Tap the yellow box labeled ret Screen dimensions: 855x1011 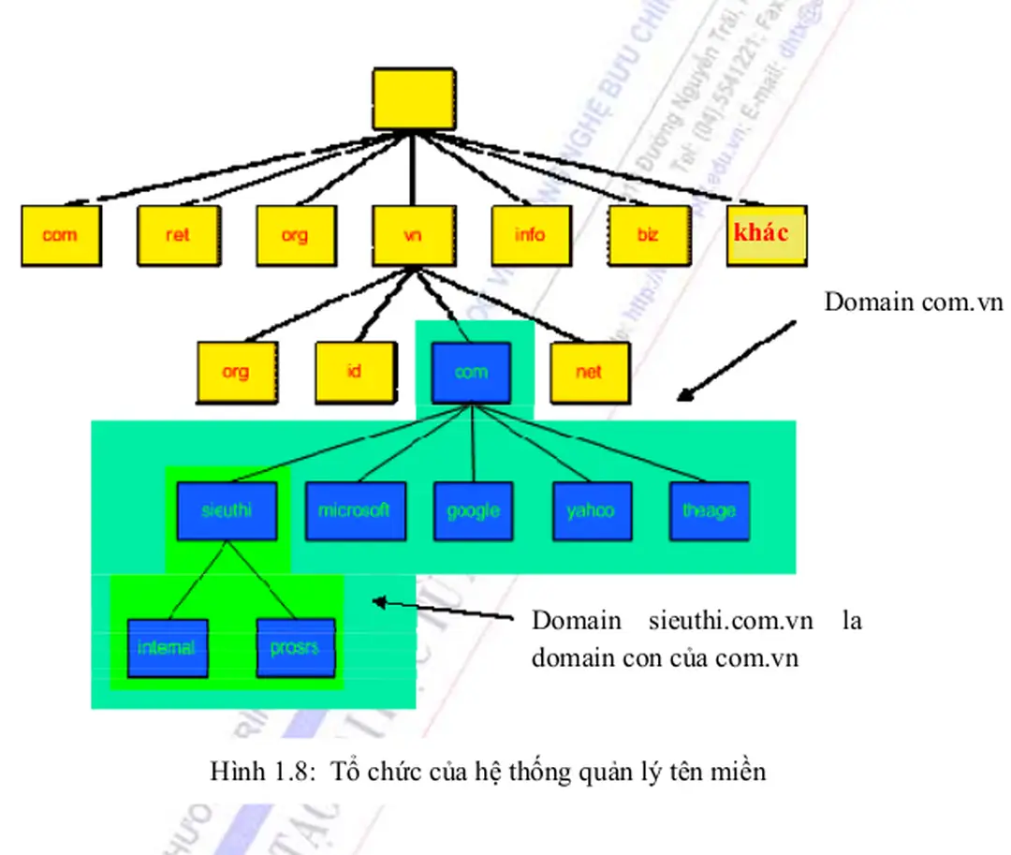tap(178, 234)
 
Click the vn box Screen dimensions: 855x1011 tap(413, 234)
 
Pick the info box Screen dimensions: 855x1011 tap(530, 234)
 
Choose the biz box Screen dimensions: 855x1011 tap(648, 234)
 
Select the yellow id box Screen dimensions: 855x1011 tap(354, 372)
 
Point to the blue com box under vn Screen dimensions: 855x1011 tap(471, 372)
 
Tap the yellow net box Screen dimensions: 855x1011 tap(589, 372)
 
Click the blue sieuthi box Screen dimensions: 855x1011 tap(227, 511)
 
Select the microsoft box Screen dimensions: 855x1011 tap(354, 511)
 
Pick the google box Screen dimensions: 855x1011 tap(473, 511)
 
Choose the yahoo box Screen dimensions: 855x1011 tap(591, 511)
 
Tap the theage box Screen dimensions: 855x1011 tap(710, 511)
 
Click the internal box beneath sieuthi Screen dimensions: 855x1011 tap(167, 647)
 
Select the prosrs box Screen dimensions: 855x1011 tap(296, 647)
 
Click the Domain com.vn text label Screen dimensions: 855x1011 tap(913, 302)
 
